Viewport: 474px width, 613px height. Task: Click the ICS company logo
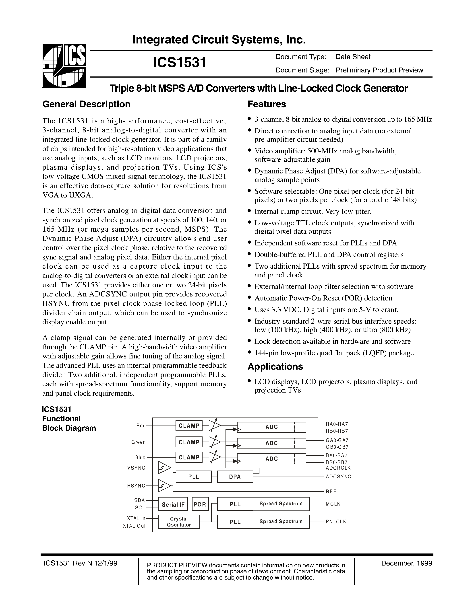[64, 66]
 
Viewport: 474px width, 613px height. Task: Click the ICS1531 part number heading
[180, 62]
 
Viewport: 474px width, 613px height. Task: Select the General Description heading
[86, 104]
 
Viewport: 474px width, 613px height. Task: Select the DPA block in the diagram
[235, 477]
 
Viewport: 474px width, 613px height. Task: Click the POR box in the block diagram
[200, 504]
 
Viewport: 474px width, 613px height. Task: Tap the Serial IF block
[173, 505]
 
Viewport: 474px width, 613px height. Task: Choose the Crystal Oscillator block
[179, 522]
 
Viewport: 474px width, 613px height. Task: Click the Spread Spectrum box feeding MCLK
[281, 504]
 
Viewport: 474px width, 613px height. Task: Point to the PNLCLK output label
[336, 522]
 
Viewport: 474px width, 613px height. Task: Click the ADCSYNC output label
[338, 477]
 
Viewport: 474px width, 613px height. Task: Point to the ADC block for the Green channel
[271, 443]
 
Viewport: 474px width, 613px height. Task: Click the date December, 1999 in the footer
[407, 563]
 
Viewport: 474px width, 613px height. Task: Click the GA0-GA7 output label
[337, 440]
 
